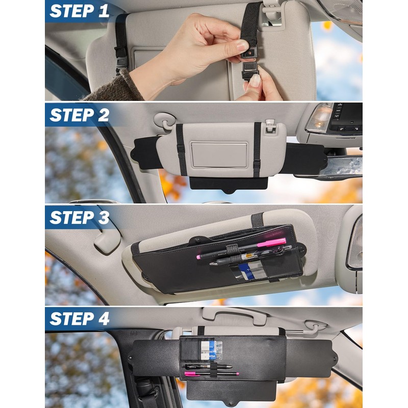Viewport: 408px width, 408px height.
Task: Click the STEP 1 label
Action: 80,11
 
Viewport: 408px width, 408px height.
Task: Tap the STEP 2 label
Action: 80,115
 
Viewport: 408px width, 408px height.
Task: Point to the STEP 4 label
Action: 80,319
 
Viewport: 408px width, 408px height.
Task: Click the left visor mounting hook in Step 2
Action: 164,120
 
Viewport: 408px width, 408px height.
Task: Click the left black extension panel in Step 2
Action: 145,152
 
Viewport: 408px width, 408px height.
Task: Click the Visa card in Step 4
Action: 211,352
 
